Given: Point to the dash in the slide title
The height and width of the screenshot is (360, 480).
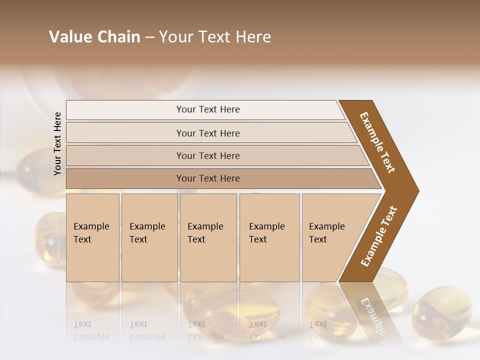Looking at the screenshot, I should tap(149, 37).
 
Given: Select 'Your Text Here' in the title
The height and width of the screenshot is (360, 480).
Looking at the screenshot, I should tap(215, 37).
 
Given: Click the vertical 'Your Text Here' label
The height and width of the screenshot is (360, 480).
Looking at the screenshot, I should tap(57, 144).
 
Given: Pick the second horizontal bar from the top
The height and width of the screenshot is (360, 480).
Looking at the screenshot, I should tap(208, 133).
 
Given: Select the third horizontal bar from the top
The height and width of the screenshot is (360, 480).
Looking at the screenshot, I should tap(208, 155).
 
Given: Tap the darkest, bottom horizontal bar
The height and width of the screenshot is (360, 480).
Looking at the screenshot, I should tap(208, 178).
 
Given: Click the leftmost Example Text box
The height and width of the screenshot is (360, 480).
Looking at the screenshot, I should tap(92, 237).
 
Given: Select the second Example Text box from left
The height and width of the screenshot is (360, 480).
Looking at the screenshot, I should tap(149, 237).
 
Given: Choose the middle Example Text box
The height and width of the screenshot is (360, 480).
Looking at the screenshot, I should tap(208, 237).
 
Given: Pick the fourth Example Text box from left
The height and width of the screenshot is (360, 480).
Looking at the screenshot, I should tap(269, 237).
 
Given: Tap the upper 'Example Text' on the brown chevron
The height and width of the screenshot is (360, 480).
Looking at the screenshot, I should tap(377, 142).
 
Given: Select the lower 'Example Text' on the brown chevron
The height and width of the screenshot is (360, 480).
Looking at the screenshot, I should tap(379, 236).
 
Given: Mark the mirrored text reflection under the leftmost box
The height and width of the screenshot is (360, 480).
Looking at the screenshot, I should tap(91, 331).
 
